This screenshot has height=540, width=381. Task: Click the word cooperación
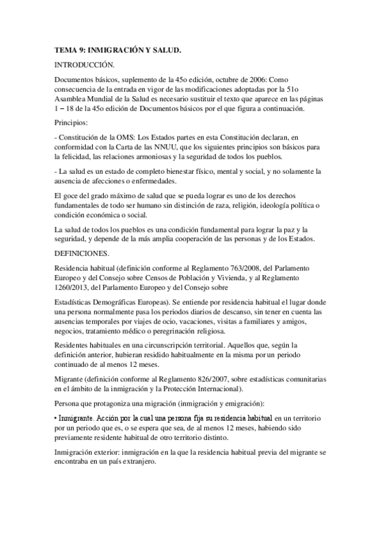(x=192, y=239)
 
